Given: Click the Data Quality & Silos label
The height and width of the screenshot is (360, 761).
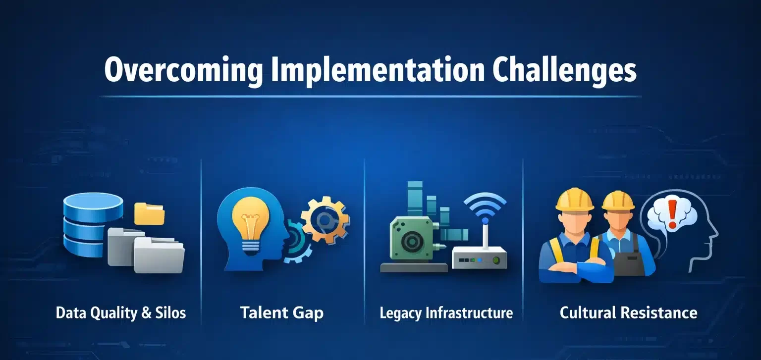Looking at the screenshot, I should click(x=121, y=313).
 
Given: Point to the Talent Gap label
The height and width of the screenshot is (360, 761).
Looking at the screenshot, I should click(x=281, y=313).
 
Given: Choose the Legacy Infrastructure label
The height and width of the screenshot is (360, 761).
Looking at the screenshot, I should click(x=446, y=313).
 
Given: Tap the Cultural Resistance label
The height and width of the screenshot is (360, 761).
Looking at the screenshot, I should click(x=628, y=313).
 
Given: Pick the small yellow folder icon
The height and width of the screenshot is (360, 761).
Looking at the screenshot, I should click(x=149, y=213).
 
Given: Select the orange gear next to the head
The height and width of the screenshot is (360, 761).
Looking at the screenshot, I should click(x=325, y=220).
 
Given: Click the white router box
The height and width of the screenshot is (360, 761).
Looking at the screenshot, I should click(x=479, y=257).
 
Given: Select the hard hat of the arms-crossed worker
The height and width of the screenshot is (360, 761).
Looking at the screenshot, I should click(x=575, y=199).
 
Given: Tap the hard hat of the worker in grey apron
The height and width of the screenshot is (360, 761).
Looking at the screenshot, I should click(x=618, y=200).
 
